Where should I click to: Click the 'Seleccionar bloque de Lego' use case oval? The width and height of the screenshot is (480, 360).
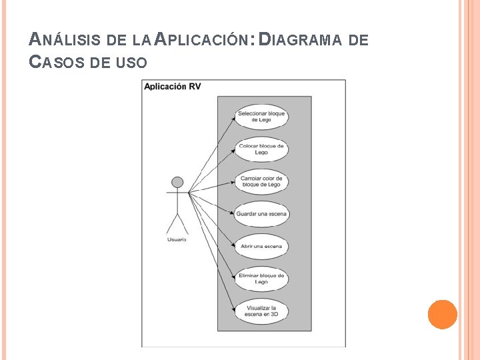261,117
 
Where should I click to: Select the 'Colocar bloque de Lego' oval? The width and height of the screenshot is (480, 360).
261,149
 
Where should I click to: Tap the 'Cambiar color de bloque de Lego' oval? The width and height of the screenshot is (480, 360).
261,181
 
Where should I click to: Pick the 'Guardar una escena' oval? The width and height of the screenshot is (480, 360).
261,214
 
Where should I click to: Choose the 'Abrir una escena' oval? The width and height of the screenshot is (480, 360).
261,247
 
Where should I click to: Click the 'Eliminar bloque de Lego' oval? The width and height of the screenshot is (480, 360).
261,279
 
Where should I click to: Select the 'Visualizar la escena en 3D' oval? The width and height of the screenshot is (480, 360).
261,311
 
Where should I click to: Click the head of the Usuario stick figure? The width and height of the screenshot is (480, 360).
177,182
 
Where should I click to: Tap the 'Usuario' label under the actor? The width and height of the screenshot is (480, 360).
177,239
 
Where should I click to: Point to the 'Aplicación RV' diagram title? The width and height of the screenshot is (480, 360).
172,87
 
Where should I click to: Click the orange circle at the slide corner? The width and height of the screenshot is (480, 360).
442,314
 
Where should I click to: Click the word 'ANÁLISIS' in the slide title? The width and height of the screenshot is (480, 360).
64,40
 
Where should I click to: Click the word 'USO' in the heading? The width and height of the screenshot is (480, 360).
131,63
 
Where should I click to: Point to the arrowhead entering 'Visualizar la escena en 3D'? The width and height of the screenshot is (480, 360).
233,308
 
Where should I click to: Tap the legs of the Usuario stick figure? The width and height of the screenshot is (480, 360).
177,223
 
